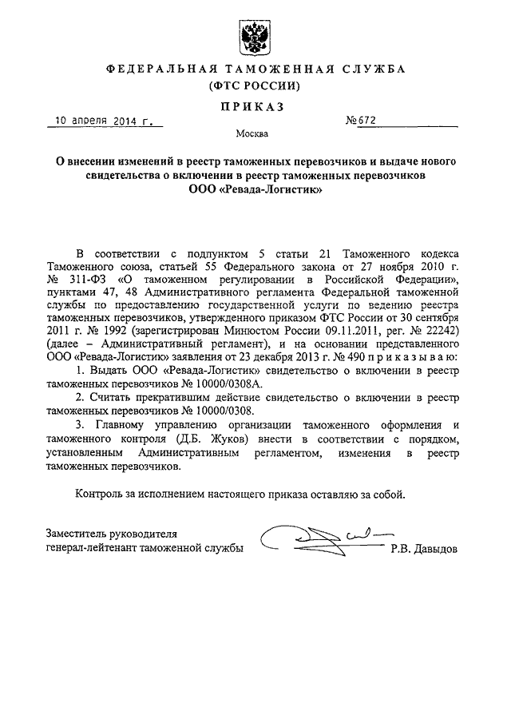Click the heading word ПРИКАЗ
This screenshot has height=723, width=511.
255,106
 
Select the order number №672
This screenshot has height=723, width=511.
360,121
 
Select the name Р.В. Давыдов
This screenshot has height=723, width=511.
424,549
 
